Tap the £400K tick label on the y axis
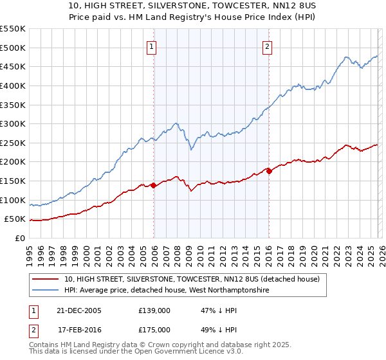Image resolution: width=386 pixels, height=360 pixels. (13, 85)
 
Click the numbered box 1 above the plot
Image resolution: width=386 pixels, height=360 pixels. (151, 46)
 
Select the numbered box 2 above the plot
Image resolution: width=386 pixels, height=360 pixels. (266, 46)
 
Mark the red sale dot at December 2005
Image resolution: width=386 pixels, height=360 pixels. (154, 185)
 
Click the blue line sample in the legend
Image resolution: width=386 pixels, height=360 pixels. (46, 291)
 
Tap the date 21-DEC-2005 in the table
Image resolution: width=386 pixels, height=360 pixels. (79, 310)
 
